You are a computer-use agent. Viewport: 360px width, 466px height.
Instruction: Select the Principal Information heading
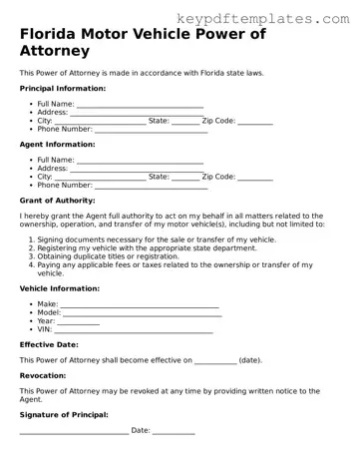tap(66, 88)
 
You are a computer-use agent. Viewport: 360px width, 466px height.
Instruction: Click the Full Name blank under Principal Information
tap(140, 104)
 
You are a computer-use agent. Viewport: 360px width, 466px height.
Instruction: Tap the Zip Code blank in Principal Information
tap(255, 121)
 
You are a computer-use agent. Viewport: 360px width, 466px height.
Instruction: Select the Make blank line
tap(140, 304)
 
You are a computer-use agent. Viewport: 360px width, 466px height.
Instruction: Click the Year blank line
tap(80, 321)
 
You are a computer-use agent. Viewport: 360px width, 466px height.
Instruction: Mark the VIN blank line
tap(134, 329)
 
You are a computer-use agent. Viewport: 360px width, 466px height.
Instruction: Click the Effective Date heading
tap(49, 345)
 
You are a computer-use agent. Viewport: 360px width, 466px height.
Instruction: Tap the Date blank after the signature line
tap(174, 431)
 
